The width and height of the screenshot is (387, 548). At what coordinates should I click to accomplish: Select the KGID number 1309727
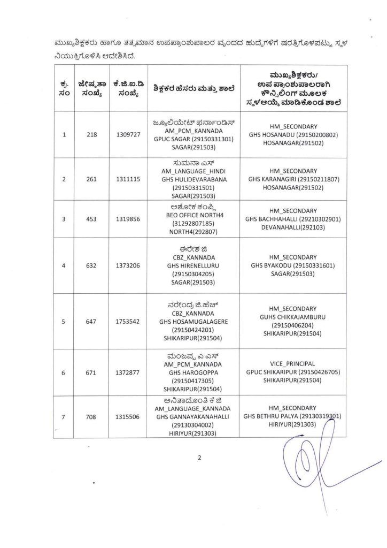pos(128,135)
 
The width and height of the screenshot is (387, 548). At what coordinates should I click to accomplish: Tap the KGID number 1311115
pos(128,179)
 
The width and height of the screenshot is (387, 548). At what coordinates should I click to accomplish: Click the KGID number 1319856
pos(128,219)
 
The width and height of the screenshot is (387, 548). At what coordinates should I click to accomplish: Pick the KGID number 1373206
pos(128,265)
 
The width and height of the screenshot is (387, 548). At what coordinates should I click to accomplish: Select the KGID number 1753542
pos(128,322)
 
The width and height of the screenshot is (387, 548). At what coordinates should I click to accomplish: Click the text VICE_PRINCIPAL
pos(293,363)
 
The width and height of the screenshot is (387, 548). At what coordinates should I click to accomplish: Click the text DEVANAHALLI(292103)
pos(293,228)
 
